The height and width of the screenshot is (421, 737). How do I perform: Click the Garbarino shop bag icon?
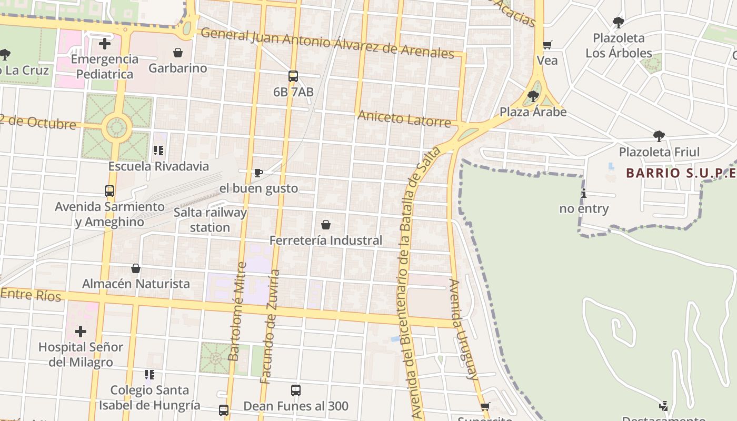[x=178, y=53]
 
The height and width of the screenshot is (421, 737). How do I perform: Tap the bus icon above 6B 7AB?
[x=293, y=76]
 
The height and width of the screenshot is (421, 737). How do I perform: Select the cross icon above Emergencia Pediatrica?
[x=105, y=43]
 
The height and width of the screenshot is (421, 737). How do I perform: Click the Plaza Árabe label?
[x=533, y=112]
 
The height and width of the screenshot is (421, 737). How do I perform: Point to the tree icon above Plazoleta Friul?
[x=659, y=137]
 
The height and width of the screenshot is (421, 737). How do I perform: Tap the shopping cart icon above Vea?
[x=547, y=45]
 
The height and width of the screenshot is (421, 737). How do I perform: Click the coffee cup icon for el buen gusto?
[x=258, y=173]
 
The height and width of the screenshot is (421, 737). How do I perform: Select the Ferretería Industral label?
[x=326, y=240]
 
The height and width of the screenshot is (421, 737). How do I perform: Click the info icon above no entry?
[x=583, y=193]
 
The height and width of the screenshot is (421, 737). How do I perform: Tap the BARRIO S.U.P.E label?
[x=680, y=173]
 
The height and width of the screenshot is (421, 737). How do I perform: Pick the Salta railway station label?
[x=210, y=220]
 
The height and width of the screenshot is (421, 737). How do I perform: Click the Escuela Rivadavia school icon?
[x=158, y=151]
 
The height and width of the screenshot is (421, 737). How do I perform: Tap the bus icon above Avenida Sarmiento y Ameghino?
[x=109, y=191]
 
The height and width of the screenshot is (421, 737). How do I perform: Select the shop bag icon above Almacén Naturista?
[x=136, y=268]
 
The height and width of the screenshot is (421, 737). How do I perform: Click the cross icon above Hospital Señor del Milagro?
[x=81, y=332]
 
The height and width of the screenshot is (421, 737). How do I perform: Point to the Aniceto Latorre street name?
[x=404, y=119]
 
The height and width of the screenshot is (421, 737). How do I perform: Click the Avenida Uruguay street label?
[x=463, y=329]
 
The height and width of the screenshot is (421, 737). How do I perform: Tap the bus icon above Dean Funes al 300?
[x=296, y=390]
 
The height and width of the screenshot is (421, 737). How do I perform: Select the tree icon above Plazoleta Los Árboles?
[x=619, y=23]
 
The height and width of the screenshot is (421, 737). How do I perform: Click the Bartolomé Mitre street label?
[x=237, y=312]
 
